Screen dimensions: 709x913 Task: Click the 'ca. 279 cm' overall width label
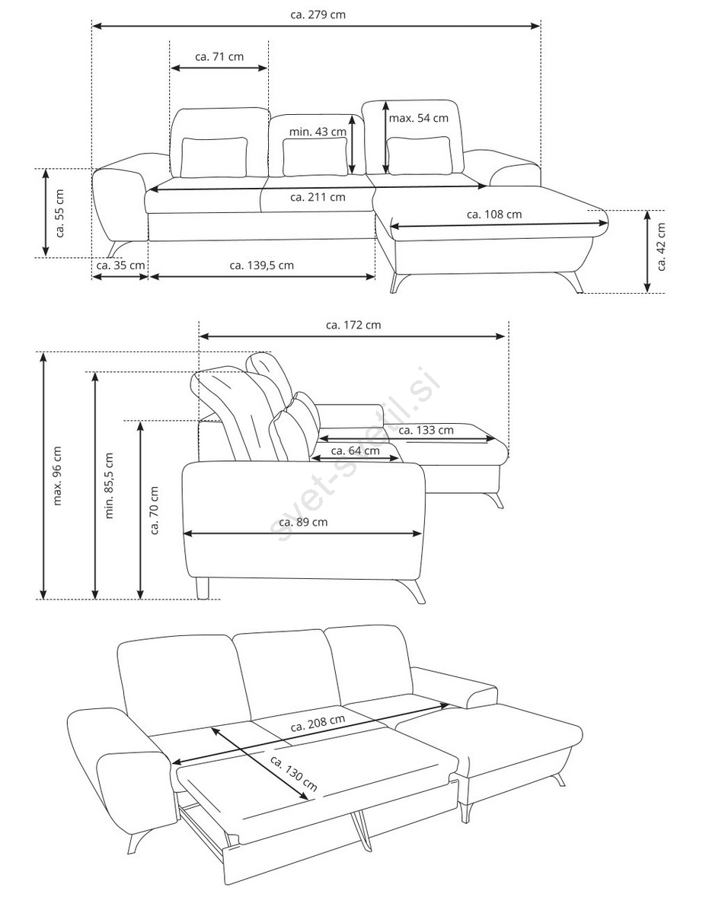(318, 14)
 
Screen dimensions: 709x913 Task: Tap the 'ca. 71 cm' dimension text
(219, 57)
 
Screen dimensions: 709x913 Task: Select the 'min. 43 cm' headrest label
(318, 132)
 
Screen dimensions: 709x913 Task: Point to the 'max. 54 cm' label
(418, 119)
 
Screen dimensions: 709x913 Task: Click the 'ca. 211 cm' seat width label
(318, 197)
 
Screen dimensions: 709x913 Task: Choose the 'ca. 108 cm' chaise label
(494, 215)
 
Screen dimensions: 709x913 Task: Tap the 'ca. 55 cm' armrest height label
(59, 214)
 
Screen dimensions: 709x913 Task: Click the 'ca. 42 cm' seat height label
(661, 247)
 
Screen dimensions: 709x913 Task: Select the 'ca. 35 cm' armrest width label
(120, 266)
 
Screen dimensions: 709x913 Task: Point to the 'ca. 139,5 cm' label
(261, 266)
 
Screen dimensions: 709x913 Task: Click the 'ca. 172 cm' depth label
(353, 325)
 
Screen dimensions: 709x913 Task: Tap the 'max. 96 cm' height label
(58, 476)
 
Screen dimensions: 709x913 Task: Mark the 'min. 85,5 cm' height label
(109, 485)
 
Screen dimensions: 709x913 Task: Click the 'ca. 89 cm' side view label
(303, 522)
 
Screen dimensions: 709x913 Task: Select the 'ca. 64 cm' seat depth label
(356, 451)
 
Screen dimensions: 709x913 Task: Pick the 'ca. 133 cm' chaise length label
(426, 430)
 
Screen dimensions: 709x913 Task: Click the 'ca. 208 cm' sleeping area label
(318, 723)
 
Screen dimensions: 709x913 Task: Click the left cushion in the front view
(214, 157)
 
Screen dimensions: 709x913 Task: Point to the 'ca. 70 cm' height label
(155, 511)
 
